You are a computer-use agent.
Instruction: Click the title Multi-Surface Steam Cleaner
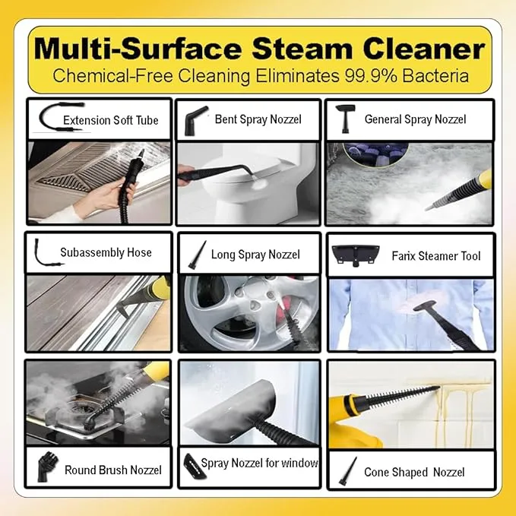point(260,49)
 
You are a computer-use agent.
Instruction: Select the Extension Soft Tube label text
point(111,120)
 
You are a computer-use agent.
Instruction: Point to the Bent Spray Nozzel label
point(258,119)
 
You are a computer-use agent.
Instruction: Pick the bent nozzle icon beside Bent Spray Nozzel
point(195,120)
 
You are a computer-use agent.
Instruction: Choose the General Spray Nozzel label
point(415,119)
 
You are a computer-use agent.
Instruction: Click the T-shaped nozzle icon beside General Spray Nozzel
point(345,119)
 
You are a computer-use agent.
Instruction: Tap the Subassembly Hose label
point(106,252)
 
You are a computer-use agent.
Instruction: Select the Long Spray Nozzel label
point(255,255)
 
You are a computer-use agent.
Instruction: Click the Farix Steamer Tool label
point(436,256)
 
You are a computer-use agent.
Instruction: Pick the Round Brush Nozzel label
point(113,470)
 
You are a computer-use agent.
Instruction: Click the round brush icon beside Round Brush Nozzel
point(47,467)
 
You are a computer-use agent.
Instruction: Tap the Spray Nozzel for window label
point(259,463)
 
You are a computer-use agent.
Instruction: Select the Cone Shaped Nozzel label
point(414,472)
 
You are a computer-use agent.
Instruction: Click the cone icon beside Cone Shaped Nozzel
point(348,472)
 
